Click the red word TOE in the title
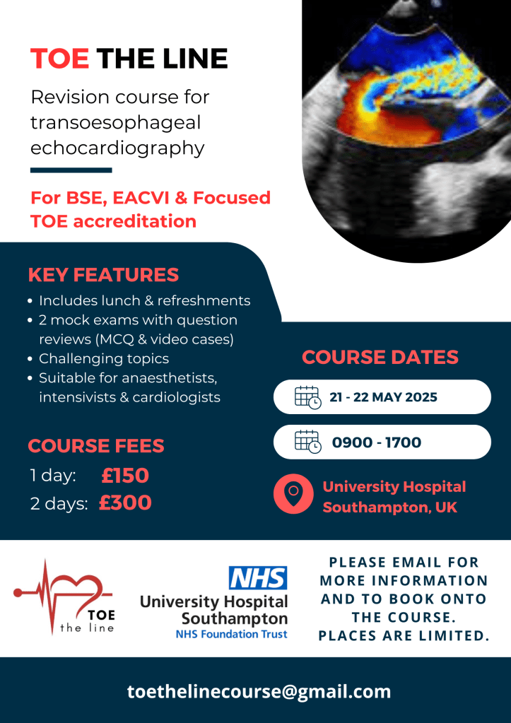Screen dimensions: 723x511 point(60,59)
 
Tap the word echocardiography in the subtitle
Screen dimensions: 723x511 point(117,148)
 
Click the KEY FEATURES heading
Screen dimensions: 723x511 point(103,275)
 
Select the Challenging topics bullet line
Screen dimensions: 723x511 point(104,358)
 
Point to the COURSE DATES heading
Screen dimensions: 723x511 point(380,357)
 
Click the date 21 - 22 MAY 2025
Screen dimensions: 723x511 point(383,397)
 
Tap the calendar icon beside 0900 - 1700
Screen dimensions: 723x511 point(307,442)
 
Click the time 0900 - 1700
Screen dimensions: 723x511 point(376,442)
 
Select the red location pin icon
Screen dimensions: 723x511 point(293,493)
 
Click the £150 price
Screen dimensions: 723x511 point(125,476)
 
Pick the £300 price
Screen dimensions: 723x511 point(125,502)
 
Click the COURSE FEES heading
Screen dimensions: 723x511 point(96,446)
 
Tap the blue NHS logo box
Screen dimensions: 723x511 point(258,578)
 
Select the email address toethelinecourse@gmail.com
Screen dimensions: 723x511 point(259,691)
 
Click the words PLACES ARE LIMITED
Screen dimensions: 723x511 point(404,635)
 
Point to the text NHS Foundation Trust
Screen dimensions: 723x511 point(231,634)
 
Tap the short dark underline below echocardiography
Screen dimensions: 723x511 point(71,170)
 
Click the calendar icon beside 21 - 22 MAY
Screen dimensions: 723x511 point(307,396)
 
